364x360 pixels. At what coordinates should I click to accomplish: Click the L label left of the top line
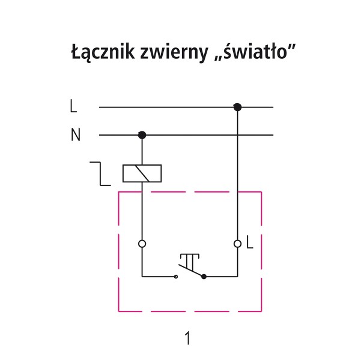73,107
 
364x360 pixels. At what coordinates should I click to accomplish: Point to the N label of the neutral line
75,135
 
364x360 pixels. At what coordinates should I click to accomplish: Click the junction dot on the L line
237,107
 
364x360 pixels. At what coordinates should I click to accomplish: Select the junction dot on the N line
142,134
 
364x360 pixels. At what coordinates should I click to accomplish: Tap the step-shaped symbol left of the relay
100,172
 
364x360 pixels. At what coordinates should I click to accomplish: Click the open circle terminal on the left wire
142,244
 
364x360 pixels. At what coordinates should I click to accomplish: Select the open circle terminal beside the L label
237,244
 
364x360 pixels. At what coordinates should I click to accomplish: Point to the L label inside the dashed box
250,244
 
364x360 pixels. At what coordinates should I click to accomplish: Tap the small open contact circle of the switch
175,277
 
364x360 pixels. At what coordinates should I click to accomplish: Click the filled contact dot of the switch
205,277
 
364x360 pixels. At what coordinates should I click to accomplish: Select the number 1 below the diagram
188,338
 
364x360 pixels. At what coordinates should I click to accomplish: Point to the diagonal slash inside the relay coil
142,173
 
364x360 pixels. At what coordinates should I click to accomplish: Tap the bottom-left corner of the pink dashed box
118,311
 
